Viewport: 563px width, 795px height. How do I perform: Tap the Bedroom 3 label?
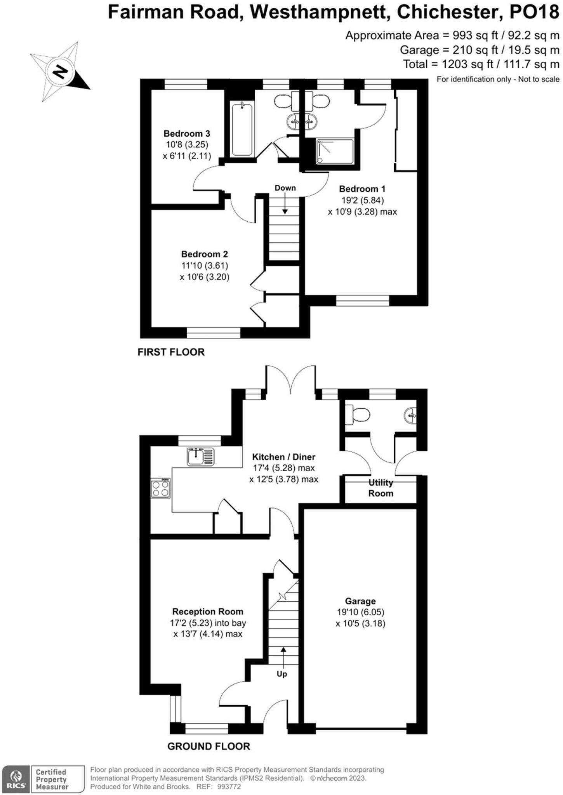(187, 134)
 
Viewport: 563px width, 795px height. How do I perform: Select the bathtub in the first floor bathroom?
(242, 129)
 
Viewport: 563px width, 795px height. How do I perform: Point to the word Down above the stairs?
(285, 188)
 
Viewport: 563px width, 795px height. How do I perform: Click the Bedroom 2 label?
(204, 254)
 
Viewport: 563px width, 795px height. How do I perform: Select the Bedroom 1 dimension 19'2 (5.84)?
(362, 200)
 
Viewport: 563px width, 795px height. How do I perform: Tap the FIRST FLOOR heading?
(171, 352)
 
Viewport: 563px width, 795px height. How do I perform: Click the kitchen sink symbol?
(200, 457)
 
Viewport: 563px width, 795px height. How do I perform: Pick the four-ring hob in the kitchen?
(160, 488)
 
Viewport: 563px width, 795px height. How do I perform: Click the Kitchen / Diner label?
(283, 457)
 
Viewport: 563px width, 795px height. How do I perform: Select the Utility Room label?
(381, 488)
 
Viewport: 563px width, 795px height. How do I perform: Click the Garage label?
(360, 601)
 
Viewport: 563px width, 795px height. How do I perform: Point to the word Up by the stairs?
(282, 674)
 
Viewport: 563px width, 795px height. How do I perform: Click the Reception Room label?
(208, 612)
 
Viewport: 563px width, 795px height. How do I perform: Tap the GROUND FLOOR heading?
(209, 746)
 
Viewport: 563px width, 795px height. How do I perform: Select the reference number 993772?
(229, 787)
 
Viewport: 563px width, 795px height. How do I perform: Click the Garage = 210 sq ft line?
(479, 50)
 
